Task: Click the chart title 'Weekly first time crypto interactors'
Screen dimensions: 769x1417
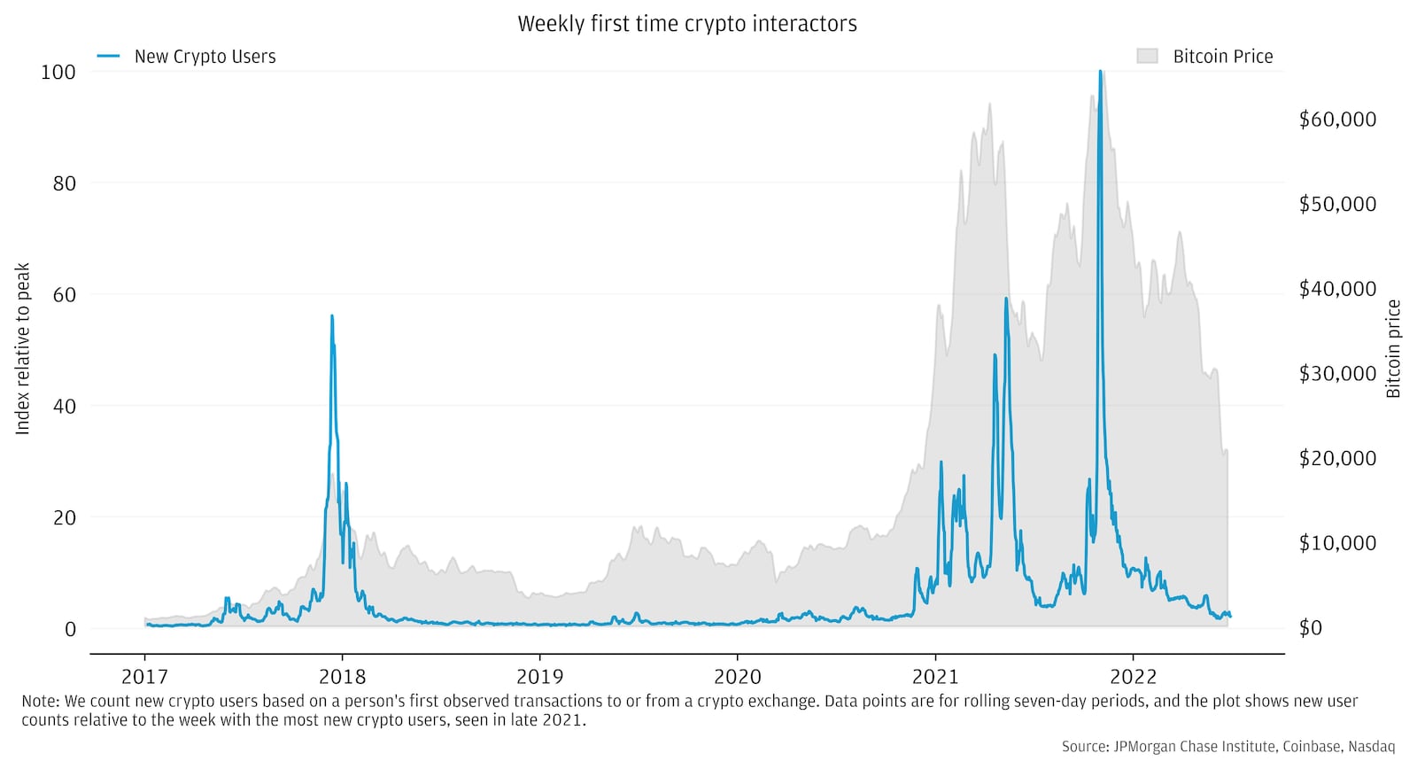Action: (687, 24)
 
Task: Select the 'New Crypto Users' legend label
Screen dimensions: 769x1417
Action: (205, 57)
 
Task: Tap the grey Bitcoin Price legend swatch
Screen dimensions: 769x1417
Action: (1147, 57)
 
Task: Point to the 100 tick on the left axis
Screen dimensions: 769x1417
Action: (58, 72)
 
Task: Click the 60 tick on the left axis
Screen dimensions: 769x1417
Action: (65, 295)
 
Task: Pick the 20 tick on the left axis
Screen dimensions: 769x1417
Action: (65, 517)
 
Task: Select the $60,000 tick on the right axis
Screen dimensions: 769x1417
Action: (1337, 120)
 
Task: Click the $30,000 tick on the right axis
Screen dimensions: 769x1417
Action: (1337, 373)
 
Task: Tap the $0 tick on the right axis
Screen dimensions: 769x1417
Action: (1311, 627)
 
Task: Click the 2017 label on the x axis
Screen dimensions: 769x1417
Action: (144, 677)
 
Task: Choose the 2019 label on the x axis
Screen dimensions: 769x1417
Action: (539, 677)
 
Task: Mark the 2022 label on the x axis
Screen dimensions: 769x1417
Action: (1133, 677)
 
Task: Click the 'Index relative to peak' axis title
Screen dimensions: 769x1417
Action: (24, 348)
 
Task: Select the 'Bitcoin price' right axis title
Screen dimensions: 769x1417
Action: (1393, 348)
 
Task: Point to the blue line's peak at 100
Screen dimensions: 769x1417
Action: (1100, 73)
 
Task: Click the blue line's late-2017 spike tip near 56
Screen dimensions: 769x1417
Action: (332, 316)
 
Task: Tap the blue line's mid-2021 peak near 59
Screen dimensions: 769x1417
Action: (1006, 299)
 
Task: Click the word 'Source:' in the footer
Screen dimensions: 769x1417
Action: (1082, 747)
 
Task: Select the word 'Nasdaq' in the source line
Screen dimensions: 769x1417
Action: (1371, 747)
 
